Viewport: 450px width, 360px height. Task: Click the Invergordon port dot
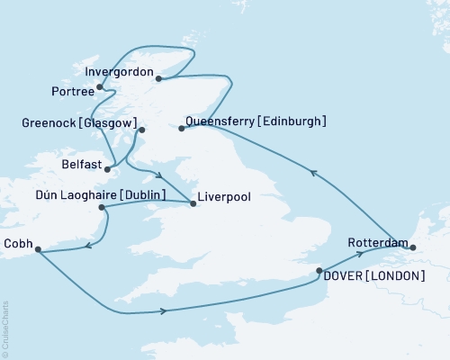point(158,78)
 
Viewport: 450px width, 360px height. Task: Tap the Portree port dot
point(99,87)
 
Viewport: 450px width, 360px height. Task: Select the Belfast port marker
point(108,167)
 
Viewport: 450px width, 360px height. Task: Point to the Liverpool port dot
point(193,203)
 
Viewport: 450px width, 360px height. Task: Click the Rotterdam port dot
point(413,246)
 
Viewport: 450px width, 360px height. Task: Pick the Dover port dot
point(319,270)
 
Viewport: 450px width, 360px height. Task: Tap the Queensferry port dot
point(181,129)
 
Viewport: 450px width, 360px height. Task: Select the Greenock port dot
point(141,130)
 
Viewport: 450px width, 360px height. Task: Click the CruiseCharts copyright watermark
point(5,328)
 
